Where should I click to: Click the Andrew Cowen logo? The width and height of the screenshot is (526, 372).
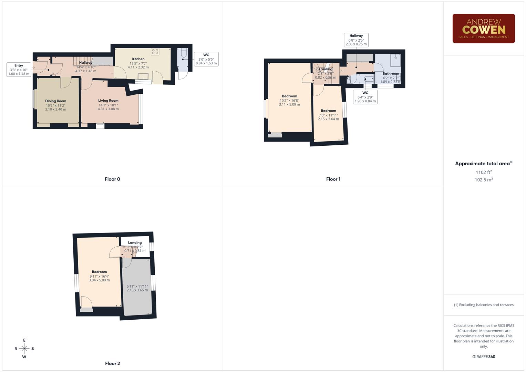coord(483,29)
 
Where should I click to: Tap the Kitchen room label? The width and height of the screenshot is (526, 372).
coord(138,59)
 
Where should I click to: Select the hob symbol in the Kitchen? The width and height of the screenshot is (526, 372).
coord(155,52)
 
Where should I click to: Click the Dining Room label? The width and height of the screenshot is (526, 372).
coord(55,101)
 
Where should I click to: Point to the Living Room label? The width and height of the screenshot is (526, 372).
coord(108,101)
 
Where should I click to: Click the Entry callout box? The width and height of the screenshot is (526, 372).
coord(19,70)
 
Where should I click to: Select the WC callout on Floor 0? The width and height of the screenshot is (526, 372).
coord(206,59)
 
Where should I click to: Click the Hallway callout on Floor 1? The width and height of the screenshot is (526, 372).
coord(356,40)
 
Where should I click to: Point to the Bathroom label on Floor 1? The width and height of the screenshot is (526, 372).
coord(391,73)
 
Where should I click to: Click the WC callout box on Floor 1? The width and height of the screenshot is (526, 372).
coord(365,97)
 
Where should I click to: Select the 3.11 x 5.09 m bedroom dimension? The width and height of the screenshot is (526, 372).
coord(289,104)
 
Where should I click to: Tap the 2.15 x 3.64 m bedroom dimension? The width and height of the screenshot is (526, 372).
coord(328,119)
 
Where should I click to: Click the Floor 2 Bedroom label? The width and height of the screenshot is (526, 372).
coord(99,272)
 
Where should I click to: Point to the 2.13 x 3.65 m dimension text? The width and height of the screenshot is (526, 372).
coord(137,290)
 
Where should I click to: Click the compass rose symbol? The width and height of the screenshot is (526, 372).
coord(24,349)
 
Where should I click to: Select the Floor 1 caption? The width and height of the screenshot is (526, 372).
coord(333,179)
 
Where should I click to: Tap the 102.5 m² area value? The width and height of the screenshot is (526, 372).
coord(484,180)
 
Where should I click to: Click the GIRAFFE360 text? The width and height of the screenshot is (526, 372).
coord(484,357)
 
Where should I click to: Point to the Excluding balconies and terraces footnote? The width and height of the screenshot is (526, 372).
coord(484,305)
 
